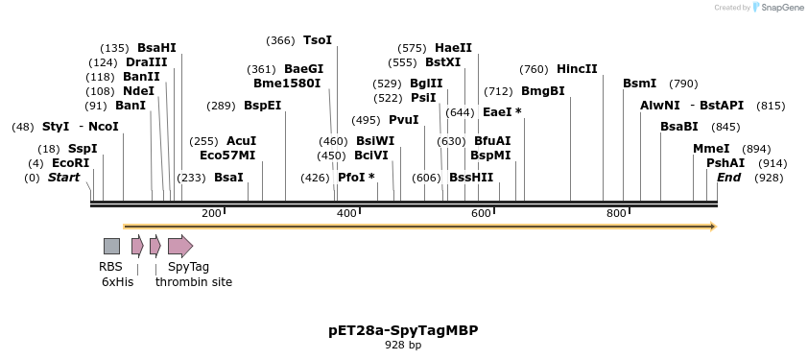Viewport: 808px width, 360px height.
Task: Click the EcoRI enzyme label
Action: click(x=70, y=163)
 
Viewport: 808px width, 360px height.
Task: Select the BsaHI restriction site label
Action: click(x=156, y=48)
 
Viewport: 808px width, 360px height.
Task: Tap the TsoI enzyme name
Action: click(x=317, y=40)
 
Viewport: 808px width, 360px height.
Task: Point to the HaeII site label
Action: click(x=453, y=48)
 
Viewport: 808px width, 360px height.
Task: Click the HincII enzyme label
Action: click(x=577, y=69)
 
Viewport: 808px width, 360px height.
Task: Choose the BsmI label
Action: click(x=640, y=84)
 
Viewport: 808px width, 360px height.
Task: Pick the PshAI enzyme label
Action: click(x=725, y=163)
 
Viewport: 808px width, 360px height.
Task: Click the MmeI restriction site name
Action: click(x=711, y=149)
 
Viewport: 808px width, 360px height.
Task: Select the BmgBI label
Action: click(x=543, y=91)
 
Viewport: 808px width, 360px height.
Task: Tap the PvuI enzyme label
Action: click(x=403, y=120)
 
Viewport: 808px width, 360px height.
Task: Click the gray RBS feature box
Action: click(x=111, y=246)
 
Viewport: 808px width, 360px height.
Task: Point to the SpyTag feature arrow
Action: click(x=179, y=246)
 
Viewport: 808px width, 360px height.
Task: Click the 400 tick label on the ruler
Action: click(x=346, y=213)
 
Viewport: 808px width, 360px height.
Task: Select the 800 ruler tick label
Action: click(x=616, y=213)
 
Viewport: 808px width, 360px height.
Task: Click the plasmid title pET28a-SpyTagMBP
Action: click(x=403, y=330)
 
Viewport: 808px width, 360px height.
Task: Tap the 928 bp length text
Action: click(x=403, y=345)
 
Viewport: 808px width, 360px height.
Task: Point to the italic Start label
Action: click(x=63, y=178)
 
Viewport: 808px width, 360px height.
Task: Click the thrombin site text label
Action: click(x=194, y=282)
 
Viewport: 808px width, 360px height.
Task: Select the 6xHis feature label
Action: click(x=117, y=282)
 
